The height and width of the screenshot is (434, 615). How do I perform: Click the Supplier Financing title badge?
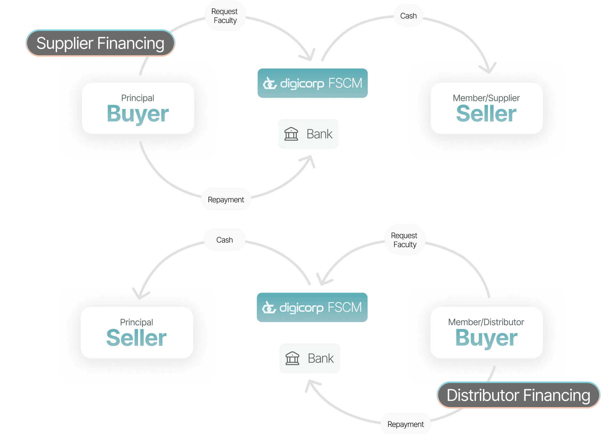100,43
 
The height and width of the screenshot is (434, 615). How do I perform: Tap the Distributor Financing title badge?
518,395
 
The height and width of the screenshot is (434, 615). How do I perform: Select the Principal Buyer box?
138,108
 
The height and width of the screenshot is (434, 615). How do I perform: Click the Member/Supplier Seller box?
486,108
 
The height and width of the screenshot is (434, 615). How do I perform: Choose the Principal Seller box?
137,333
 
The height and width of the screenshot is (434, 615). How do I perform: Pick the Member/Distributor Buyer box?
486,333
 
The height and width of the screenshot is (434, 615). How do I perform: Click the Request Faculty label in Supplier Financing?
225,16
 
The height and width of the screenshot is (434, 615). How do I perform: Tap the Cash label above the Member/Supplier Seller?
408,16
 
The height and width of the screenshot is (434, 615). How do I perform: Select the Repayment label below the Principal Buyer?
226,200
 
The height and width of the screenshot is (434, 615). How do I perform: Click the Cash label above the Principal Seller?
224,240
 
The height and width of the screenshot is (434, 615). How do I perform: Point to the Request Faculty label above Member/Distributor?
404,240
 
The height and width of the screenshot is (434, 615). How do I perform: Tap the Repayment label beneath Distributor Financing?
405,424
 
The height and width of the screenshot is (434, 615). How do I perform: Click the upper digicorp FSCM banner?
312,83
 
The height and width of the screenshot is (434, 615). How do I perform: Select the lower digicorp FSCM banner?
312,308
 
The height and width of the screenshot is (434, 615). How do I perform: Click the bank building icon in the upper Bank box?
291,134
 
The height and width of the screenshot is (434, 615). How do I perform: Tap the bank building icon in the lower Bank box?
292,358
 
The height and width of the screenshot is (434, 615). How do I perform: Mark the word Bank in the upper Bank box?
320,134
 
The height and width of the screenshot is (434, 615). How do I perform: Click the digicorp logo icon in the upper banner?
270,84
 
